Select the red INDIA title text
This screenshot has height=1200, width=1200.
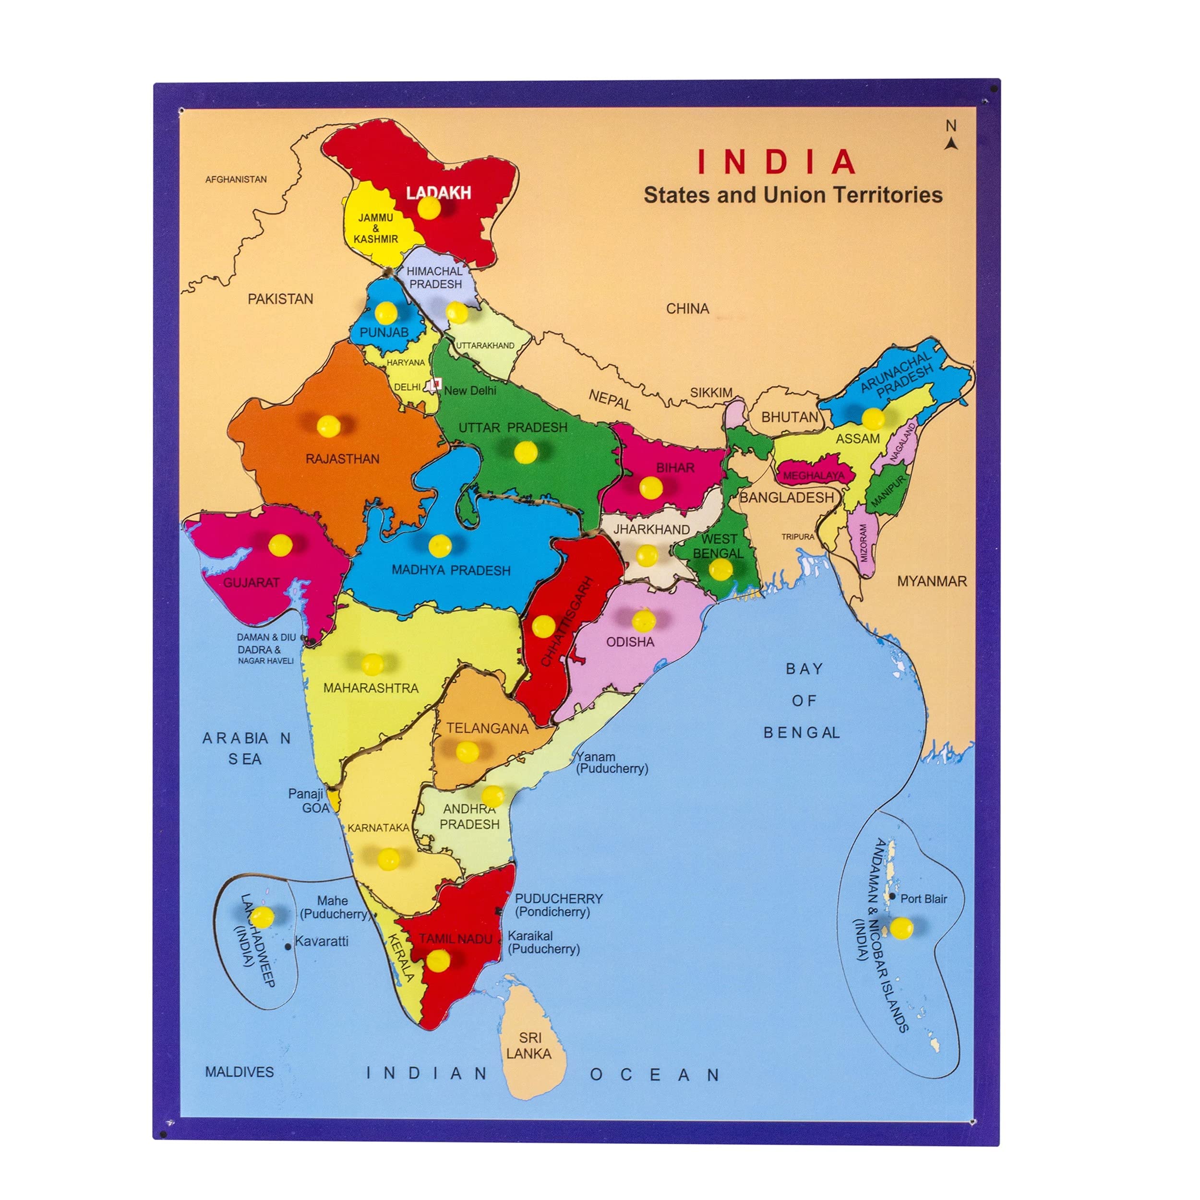777,162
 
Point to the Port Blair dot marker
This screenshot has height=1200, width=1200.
892,896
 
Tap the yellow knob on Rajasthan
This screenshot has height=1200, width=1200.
328,426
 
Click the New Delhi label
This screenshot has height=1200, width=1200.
470,391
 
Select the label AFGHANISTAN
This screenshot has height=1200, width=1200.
236,179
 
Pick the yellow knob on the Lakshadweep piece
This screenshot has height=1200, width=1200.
262,915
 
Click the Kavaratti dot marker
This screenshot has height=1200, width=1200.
288,947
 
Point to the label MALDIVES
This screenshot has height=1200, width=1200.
239,1071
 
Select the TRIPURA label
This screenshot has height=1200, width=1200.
798,536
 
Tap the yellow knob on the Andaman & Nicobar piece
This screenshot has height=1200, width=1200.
901,928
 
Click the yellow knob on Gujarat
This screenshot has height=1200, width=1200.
280,545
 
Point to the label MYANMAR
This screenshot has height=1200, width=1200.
932,582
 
